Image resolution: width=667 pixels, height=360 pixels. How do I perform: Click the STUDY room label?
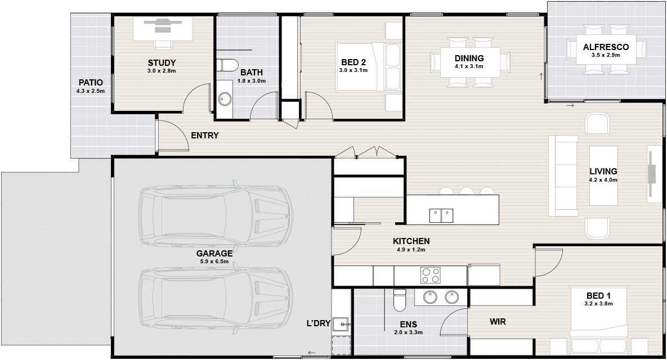[x=162, y=63]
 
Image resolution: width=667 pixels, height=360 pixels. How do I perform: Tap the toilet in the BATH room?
[x=227, y=65]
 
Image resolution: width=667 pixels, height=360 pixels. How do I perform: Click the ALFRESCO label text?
[x=606, y=47]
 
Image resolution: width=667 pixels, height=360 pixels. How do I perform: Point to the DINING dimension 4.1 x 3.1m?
[x=469, y=66]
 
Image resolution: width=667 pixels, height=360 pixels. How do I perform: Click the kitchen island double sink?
[x=441, y=215]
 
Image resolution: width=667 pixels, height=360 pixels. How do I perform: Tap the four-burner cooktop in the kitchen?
[x=431, y=275]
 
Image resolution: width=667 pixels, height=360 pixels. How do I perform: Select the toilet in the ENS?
[x=400, y=300]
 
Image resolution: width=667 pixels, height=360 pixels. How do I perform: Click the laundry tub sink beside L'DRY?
[x=341, y=325]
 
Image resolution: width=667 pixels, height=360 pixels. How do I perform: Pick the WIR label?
[x=498, y=322]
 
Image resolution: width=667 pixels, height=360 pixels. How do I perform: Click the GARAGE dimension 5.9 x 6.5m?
[x=214, y=262]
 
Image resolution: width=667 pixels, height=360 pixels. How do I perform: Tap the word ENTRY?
[x=205, y=136]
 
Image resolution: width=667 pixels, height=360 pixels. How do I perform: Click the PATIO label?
[x=91, y=83]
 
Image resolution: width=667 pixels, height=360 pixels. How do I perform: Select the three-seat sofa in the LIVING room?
[x=563, y=175]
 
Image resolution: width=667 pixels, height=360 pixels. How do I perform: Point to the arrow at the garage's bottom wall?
[x=312, y=352]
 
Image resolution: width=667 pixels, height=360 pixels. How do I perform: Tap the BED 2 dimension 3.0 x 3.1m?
[x=353, y=70]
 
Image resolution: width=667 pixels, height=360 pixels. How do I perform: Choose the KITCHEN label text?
[x=411, y=241]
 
